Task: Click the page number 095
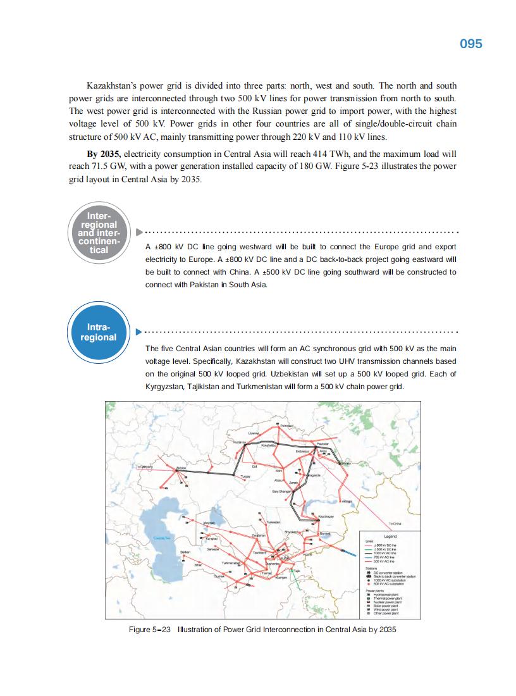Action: pyautogui.click(x=470, y=43)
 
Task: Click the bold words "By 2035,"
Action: pyautogui.click(x=105, y=154)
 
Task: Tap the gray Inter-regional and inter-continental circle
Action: pyautogui.click(x=99, y=232)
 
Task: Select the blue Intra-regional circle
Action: pyautogui.click(x=99, y=332)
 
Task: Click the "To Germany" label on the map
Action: pyautogui.click(x=145, y=466)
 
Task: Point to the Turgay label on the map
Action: pyautogui.click(x=246, y=476)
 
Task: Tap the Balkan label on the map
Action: pyautogui.click(x=186, y=552)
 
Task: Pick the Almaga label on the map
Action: pyautogui.click(x=347, y=502)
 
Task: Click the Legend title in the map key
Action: pyautogui.click(x=390, y=536)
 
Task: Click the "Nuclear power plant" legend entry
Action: pyautogui.click(x=388, y=602)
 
